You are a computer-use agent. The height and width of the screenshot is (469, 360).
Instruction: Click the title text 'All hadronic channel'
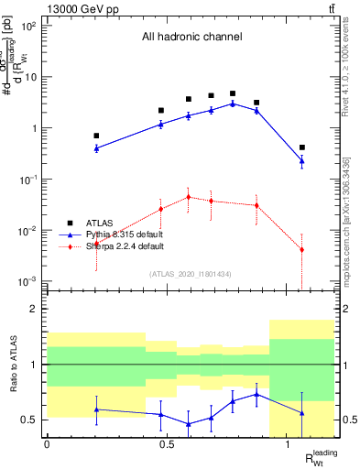(x=191, y=38)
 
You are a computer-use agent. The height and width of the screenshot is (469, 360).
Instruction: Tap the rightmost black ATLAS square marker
(x=301, y=147)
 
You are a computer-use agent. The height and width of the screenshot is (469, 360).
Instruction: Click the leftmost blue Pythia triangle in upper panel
(x=96, y=147)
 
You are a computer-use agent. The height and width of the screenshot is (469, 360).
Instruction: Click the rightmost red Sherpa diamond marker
(x=301, y=249)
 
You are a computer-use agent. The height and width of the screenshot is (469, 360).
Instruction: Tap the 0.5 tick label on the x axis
(x=167, y=443)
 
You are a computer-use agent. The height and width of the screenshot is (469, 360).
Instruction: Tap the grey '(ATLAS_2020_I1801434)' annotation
(x=191, y=274)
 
